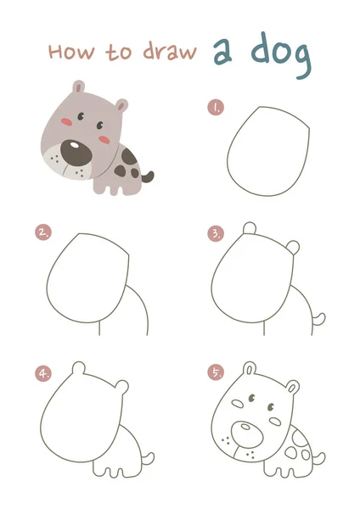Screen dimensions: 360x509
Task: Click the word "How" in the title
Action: tap(72, 52)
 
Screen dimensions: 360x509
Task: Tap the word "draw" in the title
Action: tap(170, 51)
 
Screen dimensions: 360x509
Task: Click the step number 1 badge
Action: tap(216, 107)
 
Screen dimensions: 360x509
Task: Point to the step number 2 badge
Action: tap(43, 232)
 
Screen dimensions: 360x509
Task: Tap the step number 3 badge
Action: tap(216, 234)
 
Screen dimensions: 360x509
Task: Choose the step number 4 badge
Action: tap(43, 373)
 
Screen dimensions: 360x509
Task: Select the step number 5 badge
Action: tap(216, 372)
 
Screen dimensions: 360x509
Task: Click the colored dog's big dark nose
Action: tap(76, 153)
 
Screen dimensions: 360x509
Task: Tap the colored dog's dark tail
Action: tap(148, 177)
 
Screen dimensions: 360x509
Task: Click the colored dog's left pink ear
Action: tap(78, 87)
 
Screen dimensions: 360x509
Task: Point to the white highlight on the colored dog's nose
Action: tap(75, 145)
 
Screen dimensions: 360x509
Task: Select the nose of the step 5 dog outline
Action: tap(247, 436)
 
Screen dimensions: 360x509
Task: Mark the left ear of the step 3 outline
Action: tap(250, 227)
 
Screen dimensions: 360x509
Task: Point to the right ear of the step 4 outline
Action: tap(122, 387)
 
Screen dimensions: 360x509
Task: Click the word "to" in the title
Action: tap(119, 53)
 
